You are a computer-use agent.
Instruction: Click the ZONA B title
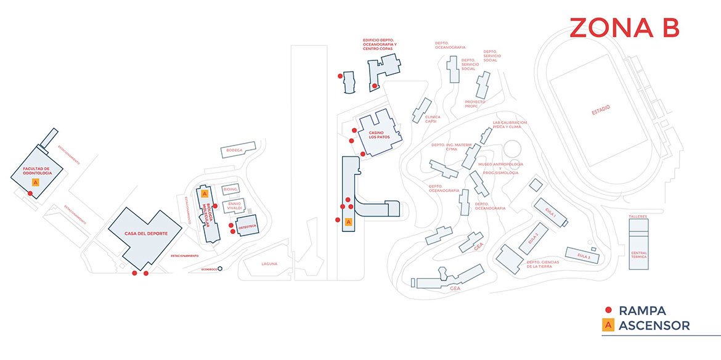(x=624, y=28)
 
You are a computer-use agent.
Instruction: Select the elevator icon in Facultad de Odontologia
(x=35, y=182)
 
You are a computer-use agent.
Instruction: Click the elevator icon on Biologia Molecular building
(x=203, y=193)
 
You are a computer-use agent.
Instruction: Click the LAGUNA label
(x=269, y=264)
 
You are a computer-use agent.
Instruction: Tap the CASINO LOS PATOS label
(x=377, y=135)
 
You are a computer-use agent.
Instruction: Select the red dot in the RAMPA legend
(x=608, y=311)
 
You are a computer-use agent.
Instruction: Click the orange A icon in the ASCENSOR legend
(x=608, y=325)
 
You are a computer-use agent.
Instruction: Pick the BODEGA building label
(x=234, y=150)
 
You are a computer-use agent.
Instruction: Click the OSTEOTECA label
(x=246, y=227)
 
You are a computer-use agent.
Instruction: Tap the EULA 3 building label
(x=584, y=255)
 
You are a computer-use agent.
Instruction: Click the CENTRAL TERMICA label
(x=639, y=256)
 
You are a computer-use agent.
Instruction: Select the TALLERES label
(x=638, y=217)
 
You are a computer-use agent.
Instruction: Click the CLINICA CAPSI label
(x=433, y=119)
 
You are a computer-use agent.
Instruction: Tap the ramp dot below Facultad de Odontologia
(x=30, y=194)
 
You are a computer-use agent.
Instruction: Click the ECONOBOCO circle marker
(x=220, y=269)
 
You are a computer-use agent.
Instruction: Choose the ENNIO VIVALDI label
(x=234, y=206)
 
